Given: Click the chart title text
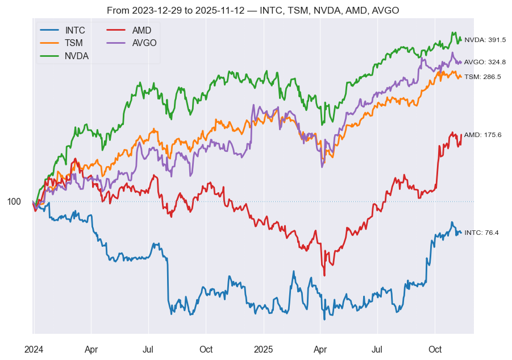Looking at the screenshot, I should [x=253, y=11].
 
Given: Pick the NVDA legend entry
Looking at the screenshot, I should [x=76, y=55].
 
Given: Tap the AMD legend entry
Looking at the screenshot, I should [x=141, y=30].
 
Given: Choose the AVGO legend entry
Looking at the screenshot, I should [x=144, y=43].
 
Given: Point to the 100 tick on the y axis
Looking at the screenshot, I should [x=14, y=201].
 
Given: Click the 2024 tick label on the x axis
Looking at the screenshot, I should [x=34, y=349].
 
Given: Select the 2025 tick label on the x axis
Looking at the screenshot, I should [x=264, y=349].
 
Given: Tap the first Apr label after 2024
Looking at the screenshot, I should [x=91, y=349].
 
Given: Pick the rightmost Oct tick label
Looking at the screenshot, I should [x=435, y=349].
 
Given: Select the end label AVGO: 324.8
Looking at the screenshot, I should [x=485, y=62].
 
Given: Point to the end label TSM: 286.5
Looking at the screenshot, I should [x=482, y=76].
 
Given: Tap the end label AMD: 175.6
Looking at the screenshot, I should [x=482, y=135].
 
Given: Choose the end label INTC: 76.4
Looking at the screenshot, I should [x=481, y=233].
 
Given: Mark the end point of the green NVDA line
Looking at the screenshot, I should [x=461, y=40].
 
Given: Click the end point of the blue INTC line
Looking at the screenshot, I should [x=461, y=233].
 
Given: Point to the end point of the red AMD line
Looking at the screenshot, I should [x=461, y=135].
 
